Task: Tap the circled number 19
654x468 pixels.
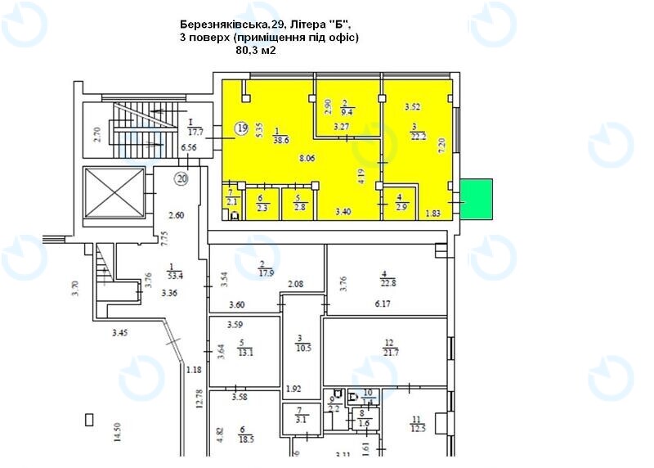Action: click(241, 128)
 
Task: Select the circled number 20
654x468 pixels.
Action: click(181, 178)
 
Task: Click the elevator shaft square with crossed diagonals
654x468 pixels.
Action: click(114, 195)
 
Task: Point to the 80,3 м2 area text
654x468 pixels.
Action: click(256, 50)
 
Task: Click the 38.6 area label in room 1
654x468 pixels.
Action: click(282, 141)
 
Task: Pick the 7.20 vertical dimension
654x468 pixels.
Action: click(442, 146)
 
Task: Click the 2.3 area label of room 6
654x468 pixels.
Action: click(262, 208)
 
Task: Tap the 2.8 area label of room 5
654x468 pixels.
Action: click(298, 208)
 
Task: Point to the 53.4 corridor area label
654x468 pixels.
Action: click(174, 276)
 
